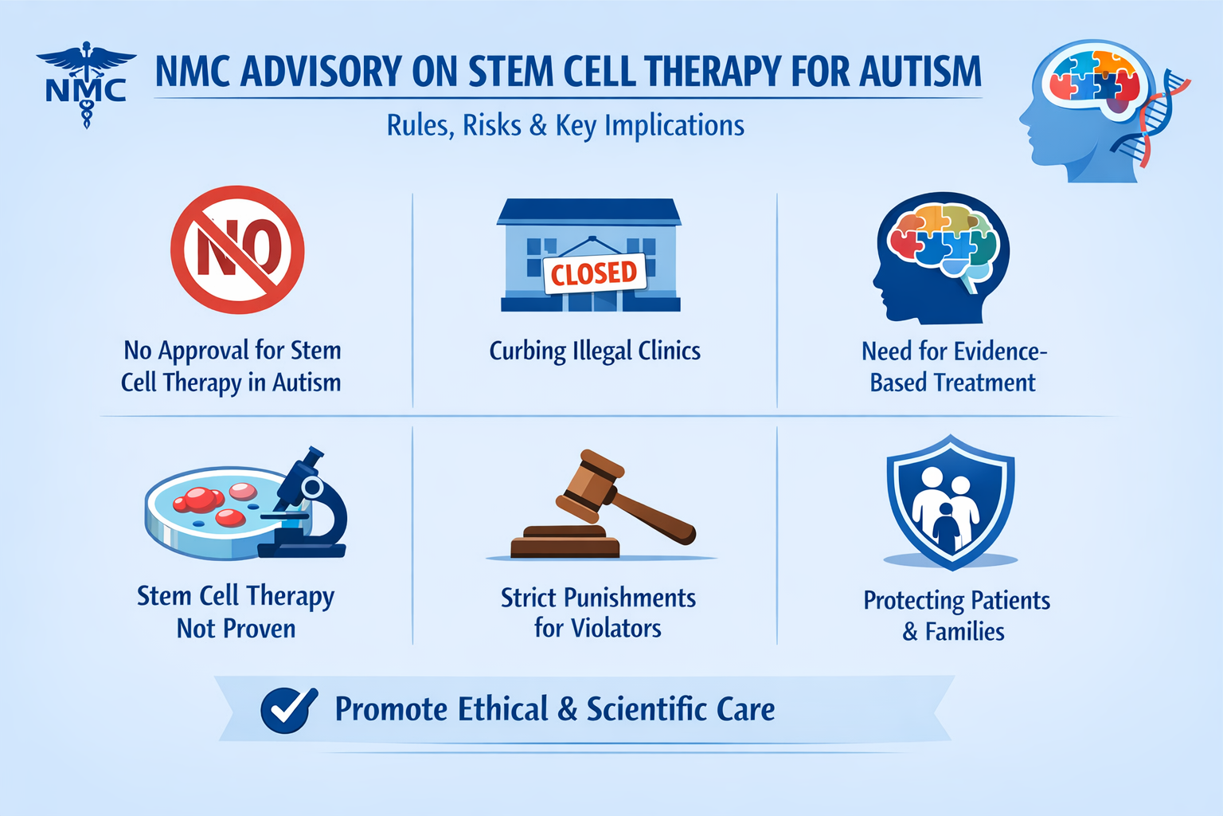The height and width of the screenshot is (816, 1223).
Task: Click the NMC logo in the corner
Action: coord(86,84)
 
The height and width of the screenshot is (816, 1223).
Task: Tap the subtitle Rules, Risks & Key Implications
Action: coord(565,126)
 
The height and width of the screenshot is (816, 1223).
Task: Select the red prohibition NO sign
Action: coord(237,249)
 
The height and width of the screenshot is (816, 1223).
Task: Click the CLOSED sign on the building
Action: coord(595,273)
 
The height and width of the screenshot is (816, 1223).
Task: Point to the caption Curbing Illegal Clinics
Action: coord(595,351)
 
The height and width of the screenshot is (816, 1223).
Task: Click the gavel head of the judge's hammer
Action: coord(590,485)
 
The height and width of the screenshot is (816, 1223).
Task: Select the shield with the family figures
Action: coord(951,502)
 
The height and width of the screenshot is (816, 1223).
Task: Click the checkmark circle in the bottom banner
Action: coord(287,709)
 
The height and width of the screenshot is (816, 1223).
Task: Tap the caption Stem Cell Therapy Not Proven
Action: coord(236,612)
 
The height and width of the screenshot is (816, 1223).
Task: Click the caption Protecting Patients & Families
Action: coord(956,616)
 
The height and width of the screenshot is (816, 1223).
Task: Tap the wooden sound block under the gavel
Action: coord(565,541)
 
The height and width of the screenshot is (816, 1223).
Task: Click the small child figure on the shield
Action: coord(946,526)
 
